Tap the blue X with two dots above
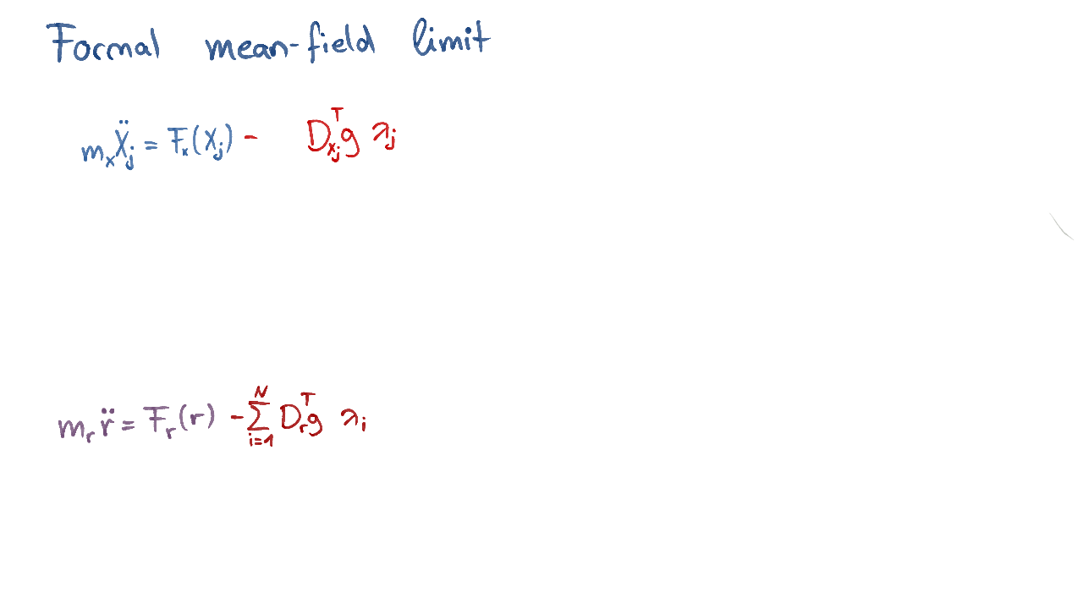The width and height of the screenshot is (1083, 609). [122, 145]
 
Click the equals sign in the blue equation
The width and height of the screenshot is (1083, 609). [151, 145]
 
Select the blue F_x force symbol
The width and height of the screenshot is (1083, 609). [179, 143]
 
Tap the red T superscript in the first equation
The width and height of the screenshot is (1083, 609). [337, 114]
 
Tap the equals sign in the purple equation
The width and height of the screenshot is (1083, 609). [128, 424]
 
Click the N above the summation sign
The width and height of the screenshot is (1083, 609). [261, 391]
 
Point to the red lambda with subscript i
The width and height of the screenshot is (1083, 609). [354, 419]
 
